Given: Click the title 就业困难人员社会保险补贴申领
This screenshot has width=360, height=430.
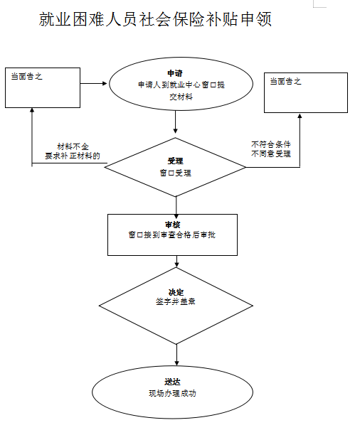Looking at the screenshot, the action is (155, 19).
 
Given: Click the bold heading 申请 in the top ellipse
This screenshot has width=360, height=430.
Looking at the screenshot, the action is (175, 73).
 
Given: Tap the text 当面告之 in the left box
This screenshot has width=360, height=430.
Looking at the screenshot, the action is (26, 76).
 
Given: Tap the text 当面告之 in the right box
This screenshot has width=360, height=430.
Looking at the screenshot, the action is (285, 82).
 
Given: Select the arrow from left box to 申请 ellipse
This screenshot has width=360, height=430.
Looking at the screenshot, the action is (93, 83).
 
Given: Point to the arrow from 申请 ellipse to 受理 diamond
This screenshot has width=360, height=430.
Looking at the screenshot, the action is (176, 122).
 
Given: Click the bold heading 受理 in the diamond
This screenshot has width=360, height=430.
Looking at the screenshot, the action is (175, 161).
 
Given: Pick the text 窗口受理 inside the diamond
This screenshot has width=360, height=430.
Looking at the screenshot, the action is (176, 173).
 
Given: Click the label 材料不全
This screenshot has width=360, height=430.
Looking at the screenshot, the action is (73, 146).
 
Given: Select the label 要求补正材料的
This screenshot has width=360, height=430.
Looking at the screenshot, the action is (73, 156).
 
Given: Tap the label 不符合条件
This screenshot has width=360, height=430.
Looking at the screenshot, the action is (271, 144).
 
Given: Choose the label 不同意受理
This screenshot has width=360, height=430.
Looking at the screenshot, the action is (271, 154).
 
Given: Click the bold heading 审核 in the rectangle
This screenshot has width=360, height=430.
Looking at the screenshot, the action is (172, 225).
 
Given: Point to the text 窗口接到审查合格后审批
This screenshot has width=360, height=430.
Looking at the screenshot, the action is (172, 235).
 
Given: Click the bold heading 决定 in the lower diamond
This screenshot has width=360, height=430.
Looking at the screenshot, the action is (176, 292).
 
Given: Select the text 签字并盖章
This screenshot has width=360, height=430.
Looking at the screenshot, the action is (176, 301).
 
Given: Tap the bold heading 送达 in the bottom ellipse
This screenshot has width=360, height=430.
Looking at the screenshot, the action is (172, 382).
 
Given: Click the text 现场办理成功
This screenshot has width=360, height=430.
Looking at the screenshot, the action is (172, 394).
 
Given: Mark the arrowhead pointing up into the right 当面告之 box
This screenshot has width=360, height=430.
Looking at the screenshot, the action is (300, 116).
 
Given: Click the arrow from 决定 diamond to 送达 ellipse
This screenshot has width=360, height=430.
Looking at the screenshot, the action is (176, 355).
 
